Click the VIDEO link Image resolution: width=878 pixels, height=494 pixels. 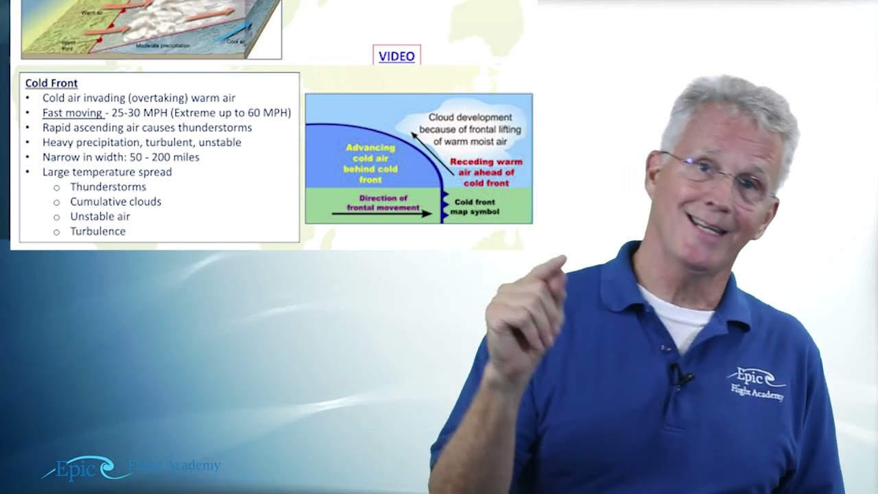[x=396, y=56]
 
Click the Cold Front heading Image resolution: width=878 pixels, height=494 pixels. [x=51, y=83]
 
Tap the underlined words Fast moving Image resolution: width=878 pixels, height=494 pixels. [x=72, y=113]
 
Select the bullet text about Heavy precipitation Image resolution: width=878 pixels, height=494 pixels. [x=141, y=142]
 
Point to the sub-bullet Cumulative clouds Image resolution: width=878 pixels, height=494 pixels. [x=115, y=202]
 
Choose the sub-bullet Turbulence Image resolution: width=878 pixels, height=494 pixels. [x=97, y=231]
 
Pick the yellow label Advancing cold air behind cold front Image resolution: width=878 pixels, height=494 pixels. [x=370, y=163]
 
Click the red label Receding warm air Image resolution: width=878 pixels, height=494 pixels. [x=486, y=172]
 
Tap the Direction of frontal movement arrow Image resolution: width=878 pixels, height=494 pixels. [x=381, y=213]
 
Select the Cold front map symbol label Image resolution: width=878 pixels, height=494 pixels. [x=477, y=207]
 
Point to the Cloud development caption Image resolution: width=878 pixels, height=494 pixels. [x=470, y=129]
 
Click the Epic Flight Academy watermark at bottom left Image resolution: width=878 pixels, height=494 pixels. [x=130, y=468]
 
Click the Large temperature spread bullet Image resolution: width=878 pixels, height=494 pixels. [x=107, y=172]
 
